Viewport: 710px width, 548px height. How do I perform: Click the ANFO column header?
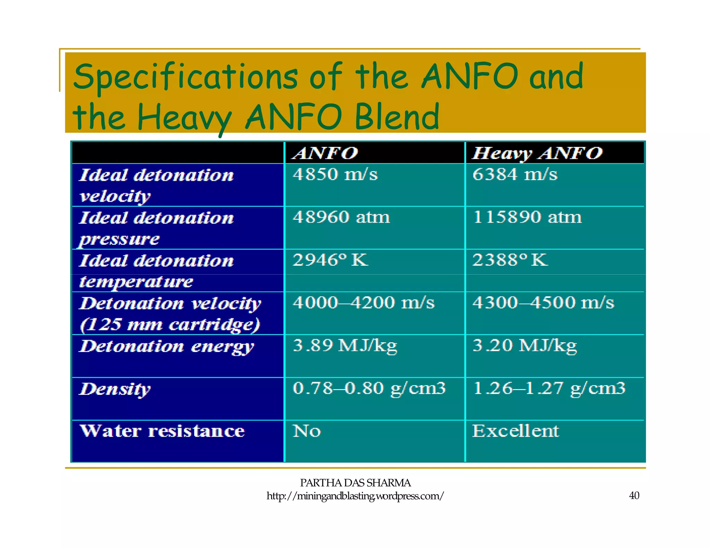click(325, 153)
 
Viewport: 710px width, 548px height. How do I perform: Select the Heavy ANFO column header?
click(537, 153)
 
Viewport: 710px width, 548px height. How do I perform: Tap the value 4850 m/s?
click(335, 174)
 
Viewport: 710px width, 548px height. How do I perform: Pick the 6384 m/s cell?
click(515, 174)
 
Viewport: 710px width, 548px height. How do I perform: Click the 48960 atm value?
click(341, 217)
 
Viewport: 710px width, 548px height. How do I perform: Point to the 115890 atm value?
click(527, 217)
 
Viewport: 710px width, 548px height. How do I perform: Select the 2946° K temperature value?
click(330, 260)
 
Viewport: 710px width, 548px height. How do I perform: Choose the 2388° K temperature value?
click(510, 260)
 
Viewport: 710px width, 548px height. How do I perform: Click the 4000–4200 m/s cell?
click(363, 303)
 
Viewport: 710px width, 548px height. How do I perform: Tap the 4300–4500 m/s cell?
click(543, 303)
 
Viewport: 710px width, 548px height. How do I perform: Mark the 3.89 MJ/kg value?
click(345, 346)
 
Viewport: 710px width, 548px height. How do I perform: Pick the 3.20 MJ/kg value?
click(525, 346)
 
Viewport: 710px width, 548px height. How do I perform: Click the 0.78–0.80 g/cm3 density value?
click(369, 388)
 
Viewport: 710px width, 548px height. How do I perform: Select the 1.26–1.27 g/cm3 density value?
click(549, 388)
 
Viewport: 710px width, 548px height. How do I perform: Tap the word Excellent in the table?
click(516, 431)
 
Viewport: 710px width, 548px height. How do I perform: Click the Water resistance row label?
click(162, 431)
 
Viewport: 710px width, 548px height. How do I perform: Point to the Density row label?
click(115, 389)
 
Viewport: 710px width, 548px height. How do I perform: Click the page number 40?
click(634, 496)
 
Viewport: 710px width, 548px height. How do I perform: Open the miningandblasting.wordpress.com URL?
click(355, 496)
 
